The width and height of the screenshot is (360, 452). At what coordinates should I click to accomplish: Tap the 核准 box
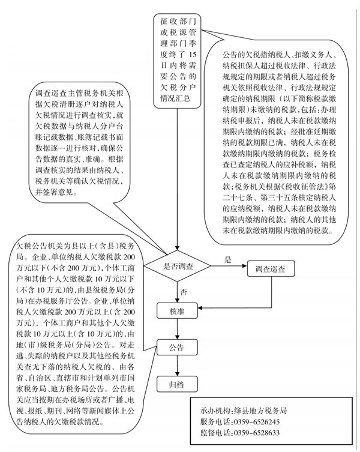point(177,312)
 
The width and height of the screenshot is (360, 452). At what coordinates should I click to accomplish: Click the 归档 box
point(177,382)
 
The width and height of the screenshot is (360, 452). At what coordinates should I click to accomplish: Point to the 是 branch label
point(227,259)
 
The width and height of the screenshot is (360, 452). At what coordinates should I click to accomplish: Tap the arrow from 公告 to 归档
point(177,364)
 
